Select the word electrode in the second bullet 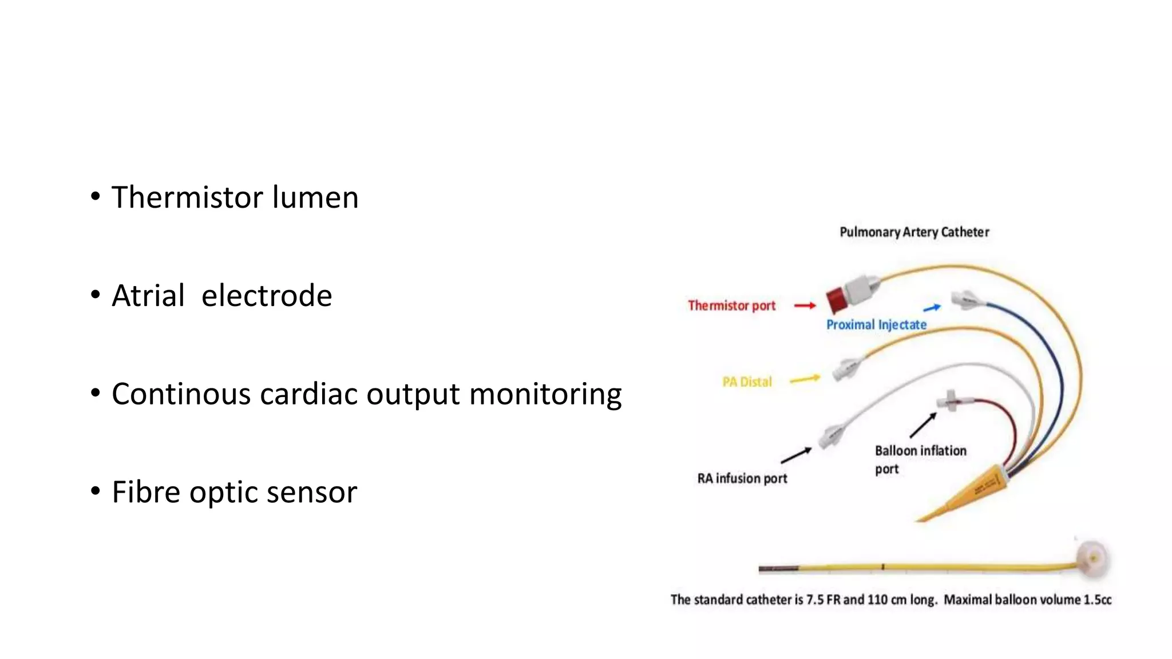pyautogui.click(x=267, y=296)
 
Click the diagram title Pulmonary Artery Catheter pyautogui.click(x=914, y=232)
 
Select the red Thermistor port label pyautogui.click(x=731, y=305)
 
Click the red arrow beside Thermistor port pyautogui.click(x=805, y=305)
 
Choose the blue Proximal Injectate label pyautogui.click(x=876, y=325)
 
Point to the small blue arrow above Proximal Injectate pyautogui.click(x=932, y=308)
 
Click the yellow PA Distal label pyautogui.click(x=747, y=382)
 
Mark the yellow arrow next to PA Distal pyautogui.click(x=805, y=379)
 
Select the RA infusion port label pyautogui.click(x=742, y=478)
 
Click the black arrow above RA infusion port pyautogui.click(x=796, y=455)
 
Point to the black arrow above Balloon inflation pyautogui.click(x=923, y=426)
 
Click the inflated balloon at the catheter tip pyautogui.click(x=1092, y=558)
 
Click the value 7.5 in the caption pyautogui.click(x=815, y=600)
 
